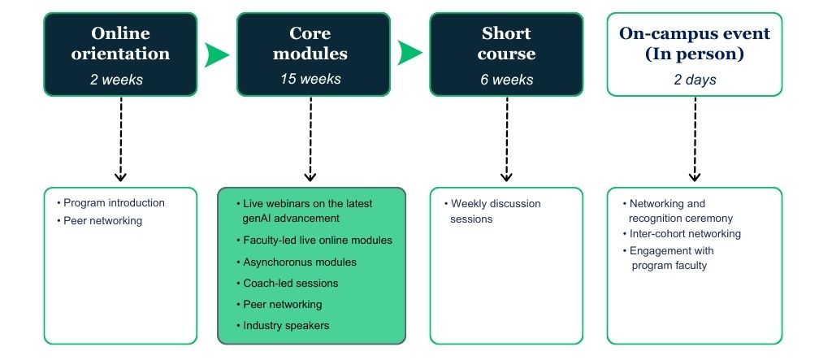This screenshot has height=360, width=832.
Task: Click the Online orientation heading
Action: pyautogui.click(x=120, y=44)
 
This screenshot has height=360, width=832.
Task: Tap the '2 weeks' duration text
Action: pyautogui.click(x=120, y=80)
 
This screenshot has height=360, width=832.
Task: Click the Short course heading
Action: pyautogui.click(x=506, y=44)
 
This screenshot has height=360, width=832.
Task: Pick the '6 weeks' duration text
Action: pyautogui.click(x=506, y=80)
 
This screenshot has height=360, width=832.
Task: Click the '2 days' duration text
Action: pyautogui.click(x=695, y=80)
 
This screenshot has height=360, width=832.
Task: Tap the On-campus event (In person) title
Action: pyautogui.click(x=695, y=44)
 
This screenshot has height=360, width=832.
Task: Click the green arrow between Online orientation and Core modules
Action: pyautogui.click(x=217, y=54)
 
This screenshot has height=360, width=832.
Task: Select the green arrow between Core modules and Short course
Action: pyautogui.click(x=410, y=54)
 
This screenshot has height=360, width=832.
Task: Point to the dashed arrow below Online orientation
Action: pyautogui.click(x=120, y=138)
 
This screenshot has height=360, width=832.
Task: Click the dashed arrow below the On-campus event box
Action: pyautogui.click(x=695, y=138)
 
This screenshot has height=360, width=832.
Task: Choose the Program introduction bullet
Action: pyautogui.click(x=114, y=202)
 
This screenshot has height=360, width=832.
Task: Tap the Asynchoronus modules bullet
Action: pyautogui.click(x=300, y=262)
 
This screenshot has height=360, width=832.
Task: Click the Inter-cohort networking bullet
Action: pyautogui.click(x=685, y=234)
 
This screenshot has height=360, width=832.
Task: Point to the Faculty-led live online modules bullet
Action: pyautogui.click(x=318, y=241)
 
